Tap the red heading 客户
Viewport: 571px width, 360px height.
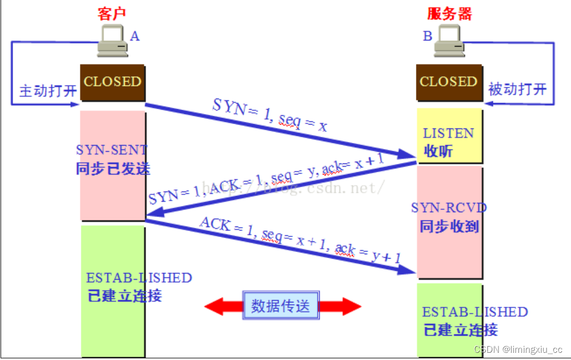tap(113, 13)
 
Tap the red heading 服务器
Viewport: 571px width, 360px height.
tap(449, 13)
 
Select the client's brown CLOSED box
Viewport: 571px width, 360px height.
tap(112, 82)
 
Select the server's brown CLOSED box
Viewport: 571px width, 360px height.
tap(449, 82)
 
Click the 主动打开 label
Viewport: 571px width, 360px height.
tap(48, 90)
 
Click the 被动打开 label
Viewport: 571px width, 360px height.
tap(517, 89)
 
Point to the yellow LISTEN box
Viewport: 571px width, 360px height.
tap(449, 135)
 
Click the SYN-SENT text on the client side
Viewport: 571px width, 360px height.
tap(112, 150)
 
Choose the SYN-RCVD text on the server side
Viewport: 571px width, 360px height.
tap(449, 208)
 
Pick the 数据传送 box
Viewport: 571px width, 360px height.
tap(281, 306)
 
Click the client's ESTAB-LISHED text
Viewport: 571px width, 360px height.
tap(139, 277)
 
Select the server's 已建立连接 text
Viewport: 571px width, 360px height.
tap(460, 330)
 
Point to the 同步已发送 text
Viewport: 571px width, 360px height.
tap(113, 168)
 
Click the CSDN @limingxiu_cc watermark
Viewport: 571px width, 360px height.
tap(518, 349)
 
